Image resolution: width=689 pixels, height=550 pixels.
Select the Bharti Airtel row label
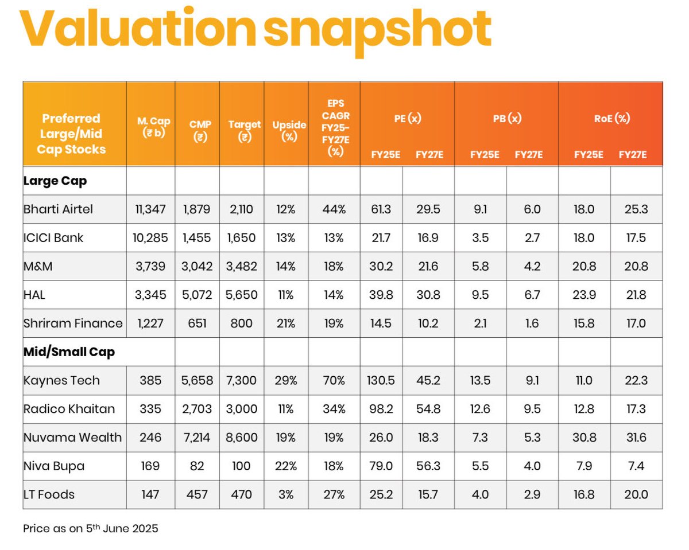(58, 209)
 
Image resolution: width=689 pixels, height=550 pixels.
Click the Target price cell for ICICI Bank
(242, 237)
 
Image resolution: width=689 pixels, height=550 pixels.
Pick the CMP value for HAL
(197, 295)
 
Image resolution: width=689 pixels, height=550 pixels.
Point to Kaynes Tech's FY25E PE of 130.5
(381, 380)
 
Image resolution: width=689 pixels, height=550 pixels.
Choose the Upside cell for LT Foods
(286, 494)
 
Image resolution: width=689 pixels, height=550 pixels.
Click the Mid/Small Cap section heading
(69, 352)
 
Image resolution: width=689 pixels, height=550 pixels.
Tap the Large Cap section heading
(55, 181)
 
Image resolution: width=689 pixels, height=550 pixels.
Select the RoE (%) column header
(610, 119)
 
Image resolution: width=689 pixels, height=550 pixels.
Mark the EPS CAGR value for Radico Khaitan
(334, 409)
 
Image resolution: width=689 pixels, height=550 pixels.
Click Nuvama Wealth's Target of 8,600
(242, 438)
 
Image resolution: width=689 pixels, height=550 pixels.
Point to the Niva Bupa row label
(54, 466)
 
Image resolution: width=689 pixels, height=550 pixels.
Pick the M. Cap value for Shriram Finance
(150, 323)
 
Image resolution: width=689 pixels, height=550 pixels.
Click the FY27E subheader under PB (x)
(528, 155)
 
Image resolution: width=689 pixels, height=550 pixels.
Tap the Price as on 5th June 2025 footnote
(90, 528)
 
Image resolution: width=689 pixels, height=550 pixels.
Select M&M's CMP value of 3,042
(197, 266)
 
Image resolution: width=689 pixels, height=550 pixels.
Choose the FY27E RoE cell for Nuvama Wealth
(636, 438)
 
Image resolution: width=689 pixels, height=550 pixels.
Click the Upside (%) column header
(286, 131)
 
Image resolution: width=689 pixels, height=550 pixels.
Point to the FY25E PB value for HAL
(480, 295)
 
